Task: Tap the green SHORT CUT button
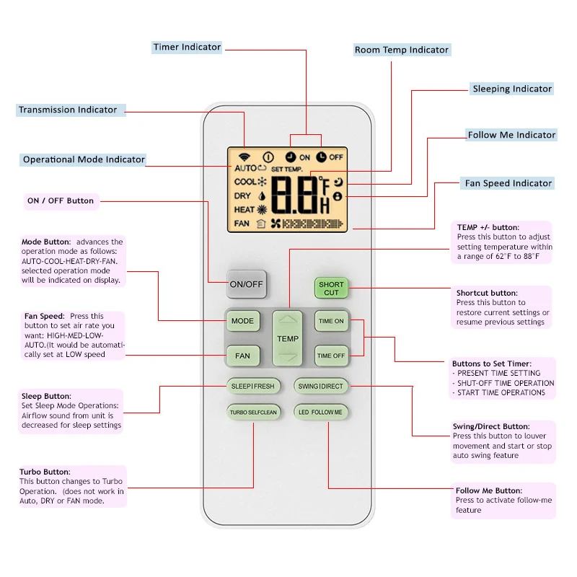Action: coord(331,288)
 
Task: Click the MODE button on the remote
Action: coord(242,320)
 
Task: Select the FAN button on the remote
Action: coord(242,355)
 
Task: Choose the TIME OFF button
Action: coord(331,355)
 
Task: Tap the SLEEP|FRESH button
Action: coord(252,386)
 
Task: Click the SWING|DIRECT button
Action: coord(321,386)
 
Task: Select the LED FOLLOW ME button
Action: coord(321,412)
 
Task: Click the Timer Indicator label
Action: coord(187,48)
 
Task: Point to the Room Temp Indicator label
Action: coord(402,50)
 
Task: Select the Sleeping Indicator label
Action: coord(511,89)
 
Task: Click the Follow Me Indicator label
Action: coord(511,135)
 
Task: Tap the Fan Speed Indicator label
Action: coord(508,183)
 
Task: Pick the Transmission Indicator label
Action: coord(69,110)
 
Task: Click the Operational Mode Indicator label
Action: coord(84,159)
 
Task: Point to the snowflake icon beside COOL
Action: coord(262,182)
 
